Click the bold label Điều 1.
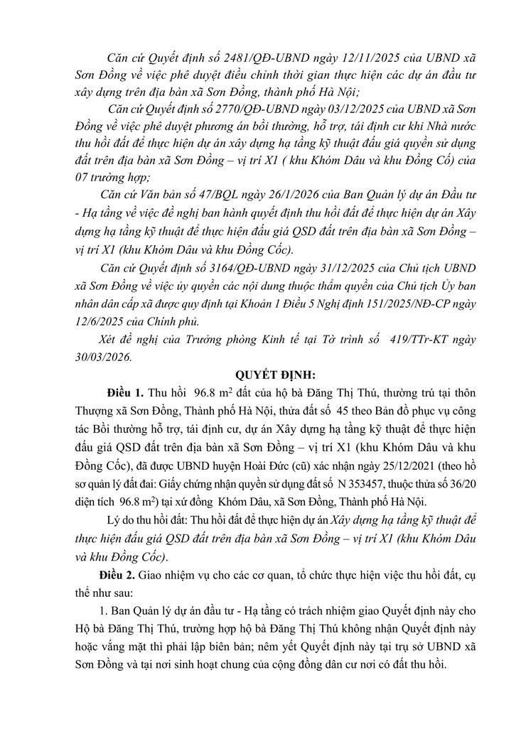click(x=122, y=394)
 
